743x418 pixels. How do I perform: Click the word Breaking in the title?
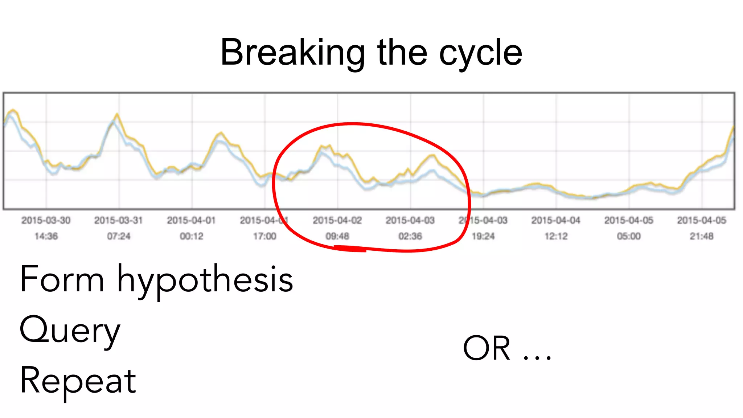tap(292, 53)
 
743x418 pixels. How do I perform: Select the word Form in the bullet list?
tap(62, 279)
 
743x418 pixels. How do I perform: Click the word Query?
tap(70, 331)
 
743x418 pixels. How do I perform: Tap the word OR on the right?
tap(487, 348)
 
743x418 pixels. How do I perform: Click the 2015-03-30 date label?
tap(46, 220)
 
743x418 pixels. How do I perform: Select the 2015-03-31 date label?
tap(119, 220)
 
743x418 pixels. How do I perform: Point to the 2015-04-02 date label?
tap(337, 220)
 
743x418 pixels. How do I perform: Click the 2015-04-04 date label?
tap(556, 220)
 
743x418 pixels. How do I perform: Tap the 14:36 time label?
tap(46, 236)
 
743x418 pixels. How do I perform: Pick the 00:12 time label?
tap(192, 236)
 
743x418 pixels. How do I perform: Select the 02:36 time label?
tap(410, 236)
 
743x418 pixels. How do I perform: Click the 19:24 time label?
tap(483, 236)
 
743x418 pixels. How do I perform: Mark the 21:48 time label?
tap(702, 236)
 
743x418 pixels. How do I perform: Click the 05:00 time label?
tap(629, 236)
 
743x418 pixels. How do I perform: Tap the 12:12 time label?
tap(556, 236)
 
